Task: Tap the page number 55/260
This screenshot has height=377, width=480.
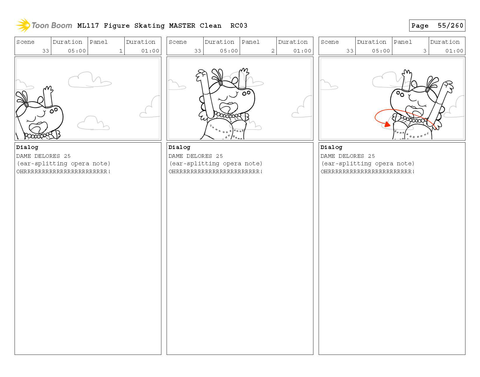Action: pyautogui.click(x=450, y=26)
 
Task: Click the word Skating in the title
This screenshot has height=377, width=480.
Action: pyautogui.click(x=149, y=26)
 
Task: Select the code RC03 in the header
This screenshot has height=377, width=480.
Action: pyautogui.click(x=239, y=26)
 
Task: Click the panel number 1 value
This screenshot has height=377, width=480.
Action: pyautogui.click(x=121, y=51)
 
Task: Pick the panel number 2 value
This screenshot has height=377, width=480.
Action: pyautogui.click(x=273, y=51)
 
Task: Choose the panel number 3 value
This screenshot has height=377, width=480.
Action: pyautogui.click(x=425, y=51)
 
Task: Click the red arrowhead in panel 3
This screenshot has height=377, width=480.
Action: pyautogui.click(x=387, y=125)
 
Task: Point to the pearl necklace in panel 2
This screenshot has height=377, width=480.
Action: pyautogui.click(x=227, y=115)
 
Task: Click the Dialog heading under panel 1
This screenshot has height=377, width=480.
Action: pyautogui.click(x=27, y=147)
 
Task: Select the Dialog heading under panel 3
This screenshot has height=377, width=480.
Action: pyautogui.click(x=331, y=147)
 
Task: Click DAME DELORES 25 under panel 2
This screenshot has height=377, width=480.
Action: pyautogui.click(x=195, y=156)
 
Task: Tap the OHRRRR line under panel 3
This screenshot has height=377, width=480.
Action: pyautogui.click(x=368, y=171)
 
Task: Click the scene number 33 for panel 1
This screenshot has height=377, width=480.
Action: pyautogui.click(x=46, y=51)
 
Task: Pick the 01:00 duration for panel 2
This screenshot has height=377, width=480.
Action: pyautogui.click(x=302, y=51)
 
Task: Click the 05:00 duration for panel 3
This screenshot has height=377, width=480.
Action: pyautogui.click(x=381, y=51)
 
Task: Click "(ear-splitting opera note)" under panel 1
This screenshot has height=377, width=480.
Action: pyautogui.click(x=63, y=164)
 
